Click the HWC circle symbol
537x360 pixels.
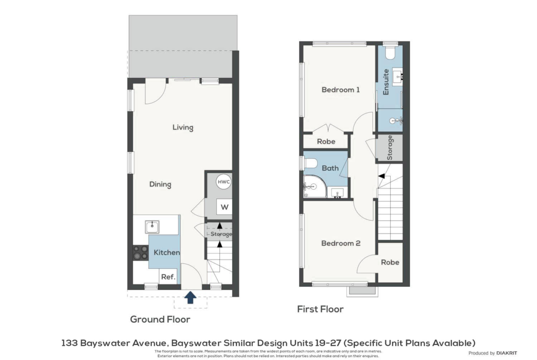click(224, 182)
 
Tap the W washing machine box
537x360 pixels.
click(224, 207)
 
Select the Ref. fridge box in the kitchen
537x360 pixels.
click(168, 277)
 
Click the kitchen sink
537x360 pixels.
click(152, 227)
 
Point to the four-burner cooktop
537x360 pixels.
click(140, 252)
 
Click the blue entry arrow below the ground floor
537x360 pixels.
click(190, 297)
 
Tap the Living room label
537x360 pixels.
click(183, 127)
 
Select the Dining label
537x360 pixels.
click(160, 184)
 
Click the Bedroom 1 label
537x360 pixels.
click(341, 90)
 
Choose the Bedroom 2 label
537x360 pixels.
click(341, 244)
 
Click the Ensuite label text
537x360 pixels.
click(386, 82)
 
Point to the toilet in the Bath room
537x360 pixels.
click(311, 163)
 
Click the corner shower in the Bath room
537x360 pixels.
click(314, 187)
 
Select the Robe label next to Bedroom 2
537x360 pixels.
click(390, 262)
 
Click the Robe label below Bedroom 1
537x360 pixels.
click(326, 141)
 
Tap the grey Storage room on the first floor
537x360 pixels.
click(389, 148)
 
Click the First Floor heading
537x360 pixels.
click(320, 310)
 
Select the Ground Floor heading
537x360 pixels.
click(160, 320)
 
